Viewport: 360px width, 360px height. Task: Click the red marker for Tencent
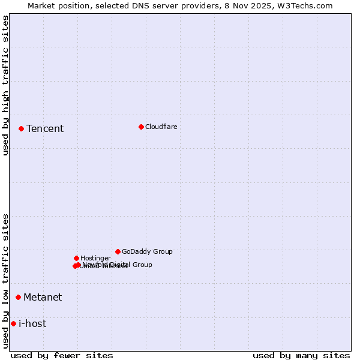click(x=21, y=128)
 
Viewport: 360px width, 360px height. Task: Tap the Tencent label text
click(x=45, y=129)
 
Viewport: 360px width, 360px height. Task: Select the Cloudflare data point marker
click(x=141, y=127)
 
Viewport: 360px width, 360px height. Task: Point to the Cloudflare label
click(x=161, y=127)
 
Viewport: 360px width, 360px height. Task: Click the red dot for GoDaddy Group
click(x=118, y=251)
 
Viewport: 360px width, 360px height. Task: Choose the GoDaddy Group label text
click(x=147, y=252)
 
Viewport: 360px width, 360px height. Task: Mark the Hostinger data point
click(x=76, y=258)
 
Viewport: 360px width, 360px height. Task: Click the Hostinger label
click(x=95, y=259)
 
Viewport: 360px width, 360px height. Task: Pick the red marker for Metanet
click(x=18, y=297)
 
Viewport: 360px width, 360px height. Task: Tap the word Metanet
click(x=43, y=298)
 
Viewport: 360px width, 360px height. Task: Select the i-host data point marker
click(x=13, y=323)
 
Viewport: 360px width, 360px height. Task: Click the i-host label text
click(x=32, y=324)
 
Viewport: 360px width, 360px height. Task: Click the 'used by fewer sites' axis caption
click(x=62, y=355)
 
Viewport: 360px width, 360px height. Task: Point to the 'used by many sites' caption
click(x=301, y=355)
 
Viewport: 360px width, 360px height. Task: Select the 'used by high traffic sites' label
click(x=5, y=85)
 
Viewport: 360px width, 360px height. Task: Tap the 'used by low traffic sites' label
click(x=5, y=280)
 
